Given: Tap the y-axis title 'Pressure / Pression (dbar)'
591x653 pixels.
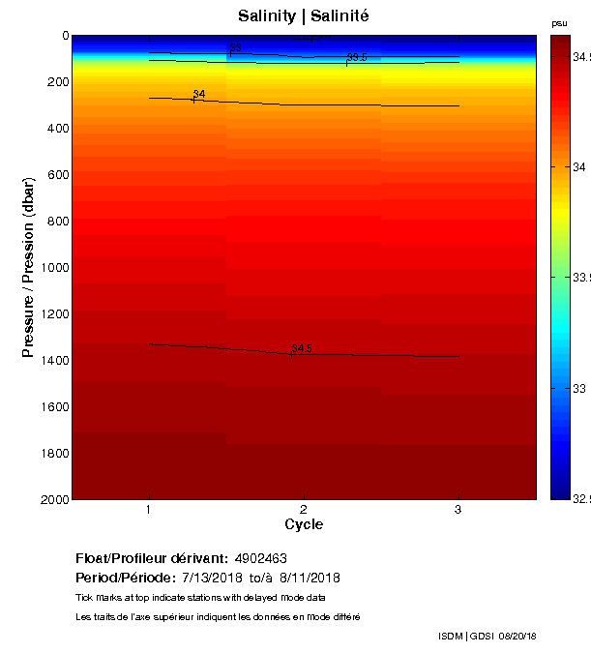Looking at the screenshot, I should coord(29,267).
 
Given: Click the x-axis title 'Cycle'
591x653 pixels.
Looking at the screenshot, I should coord(304,524).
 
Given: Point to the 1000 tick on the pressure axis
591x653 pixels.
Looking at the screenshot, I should coord(52,267).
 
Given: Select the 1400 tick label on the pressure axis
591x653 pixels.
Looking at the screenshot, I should coord(52,360).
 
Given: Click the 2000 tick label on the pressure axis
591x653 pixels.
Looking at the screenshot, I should coord(52,499).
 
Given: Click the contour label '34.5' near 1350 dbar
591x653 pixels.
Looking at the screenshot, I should coord(301,348).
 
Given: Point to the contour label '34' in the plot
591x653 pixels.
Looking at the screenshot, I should coord(199,94).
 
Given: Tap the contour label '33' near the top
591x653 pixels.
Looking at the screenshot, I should coord(236,47).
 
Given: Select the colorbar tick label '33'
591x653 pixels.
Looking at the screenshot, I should coord(577,388).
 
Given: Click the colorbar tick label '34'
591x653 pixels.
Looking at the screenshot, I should coord(577,167).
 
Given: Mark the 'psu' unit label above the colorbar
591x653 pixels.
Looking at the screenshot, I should coord(559,22).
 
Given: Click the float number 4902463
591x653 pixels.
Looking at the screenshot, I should coord(260,558).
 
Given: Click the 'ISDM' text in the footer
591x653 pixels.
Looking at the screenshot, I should coord(450,636).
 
